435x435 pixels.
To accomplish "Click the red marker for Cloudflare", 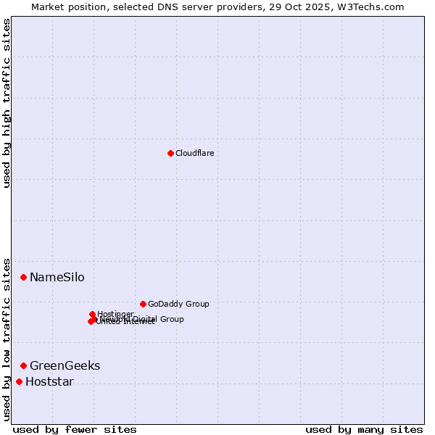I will [170, 153].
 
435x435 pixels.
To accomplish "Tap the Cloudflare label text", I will [194, 153].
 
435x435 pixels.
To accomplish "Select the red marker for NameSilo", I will [23, 277].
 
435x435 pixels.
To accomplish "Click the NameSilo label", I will [57, 278].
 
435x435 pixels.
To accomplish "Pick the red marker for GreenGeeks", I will [23, 365].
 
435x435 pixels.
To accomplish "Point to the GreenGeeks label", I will [65, 366].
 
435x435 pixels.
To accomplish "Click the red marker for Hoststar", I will [19, 381].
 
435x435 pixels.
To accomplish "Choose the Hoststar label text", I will [49, 382].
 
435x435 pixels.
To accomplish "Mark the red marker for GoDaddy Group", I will [143, 304].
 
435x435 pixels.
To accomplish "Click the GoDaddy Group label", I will [178, 304].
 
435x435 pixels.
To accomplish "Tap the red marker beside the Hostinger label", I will [92, 314].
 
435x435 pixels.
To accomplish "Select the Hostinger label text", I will [115, 314].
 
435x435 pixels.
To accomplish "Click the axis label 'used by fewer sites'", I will [75, 429].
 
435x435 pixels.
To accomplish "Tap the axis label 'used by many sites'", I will [364, 429].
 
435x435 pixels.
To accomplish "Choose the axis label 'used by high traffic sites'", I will [7, 103].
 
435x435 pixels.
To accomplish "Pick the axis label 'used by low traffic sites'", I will [7, 339].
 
